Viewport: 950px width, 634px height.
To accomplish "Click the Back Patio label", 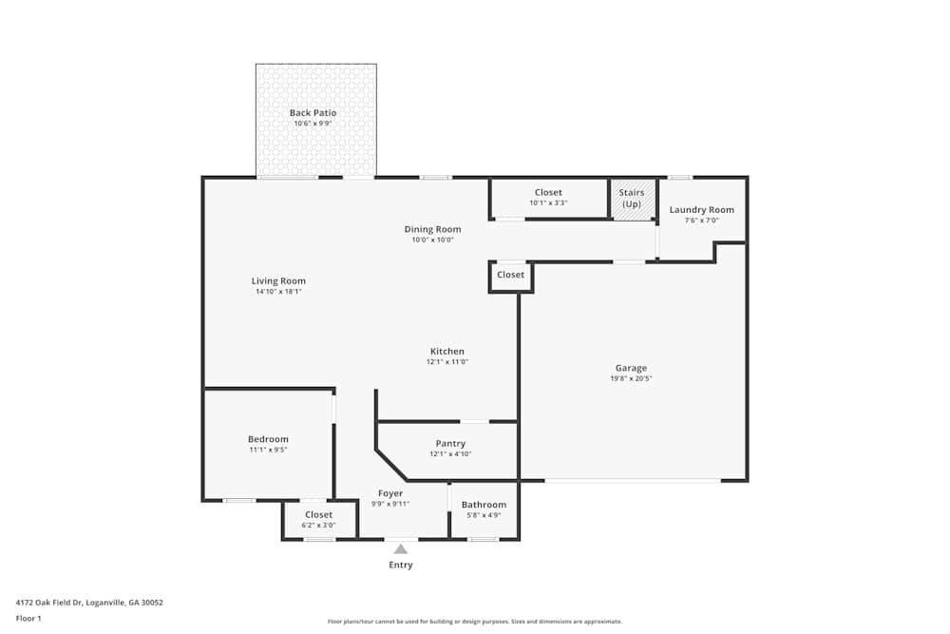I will point(313,113).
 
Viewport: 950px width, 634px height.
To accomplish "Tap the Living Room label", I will point(278,280).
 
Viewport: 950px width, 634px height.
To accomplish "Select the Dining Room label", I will point(432,229).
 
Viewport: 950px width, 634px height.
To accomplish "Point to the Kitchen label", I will point(446,352).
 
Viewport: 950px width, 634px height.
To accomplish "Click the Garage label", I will point(631,368).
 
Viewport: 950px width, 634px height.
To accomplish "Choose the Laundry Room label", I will point(701,210).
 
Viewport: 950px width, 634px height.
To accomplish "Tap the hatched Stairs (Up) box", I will point(632,199).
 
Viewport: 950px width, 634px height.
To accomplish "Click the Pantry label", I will point(450,444).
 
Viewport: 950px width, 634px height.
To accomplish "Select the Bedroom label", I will point(268,439).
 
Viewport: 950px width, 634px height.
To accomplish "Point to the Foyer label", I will point(390,493).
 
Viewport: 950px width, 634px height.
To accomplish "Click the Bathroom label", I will point(484,505).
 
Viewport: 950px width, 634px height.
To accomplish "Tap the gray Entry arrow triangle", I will point(401,548).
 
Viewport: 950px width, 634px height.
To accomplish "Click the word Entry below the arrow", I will point(401,565).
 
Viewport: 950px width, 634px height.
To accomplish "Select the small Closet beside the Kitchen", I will point(510,275).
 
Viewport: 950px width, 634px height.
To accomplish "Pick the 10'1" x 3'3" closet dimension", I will point(548,202).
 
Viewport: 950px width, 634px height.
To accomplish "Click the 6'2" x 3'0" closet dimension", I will point(318,525).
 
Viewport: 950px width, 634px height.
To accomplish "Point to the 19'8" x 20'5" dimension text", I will point(631,378).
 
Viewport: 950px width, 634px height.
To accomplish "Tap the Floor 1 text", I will point(28,618).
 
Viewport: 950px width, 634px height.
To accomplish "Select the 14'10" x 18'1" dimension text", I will point(278,292).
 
